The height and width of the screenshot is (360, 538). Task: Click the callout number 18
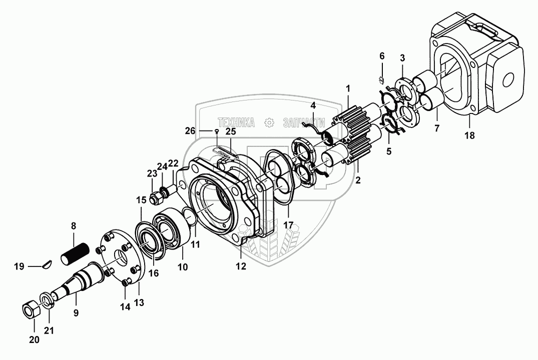point(469,135)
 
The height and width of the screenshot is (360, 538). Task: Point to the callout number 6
point(382,55)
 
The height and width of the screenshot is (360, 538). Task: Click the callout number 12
point(241,266)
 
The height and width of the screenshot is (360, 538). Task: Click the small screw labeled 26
point(216,131)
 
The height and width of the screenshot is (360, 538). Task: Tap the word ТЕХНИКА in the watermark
point(236,122)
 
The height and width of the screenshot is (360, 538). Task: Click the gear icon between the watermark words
point(269,122)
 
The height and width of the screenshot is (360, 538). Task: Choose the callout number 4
point(313,105)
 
